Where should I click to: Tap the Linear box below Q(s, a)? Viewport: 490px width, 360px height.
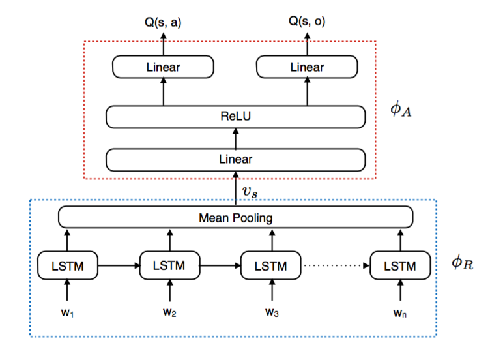click(x=163, y=67)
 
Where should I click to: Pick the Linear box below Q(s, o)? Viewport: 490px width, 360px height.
click(x=307, y=67)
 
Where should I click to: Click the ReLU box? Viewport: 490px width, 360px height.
click(x=235, y=117)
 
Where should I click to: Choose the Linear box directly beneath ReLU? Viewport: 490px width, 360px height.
click(x=235, y=159)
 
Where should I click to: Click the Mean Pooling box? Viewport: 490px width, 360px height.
click(x=235, y=217)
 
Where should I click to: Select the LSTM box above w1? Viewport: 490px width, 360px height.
click(x=68, y=265)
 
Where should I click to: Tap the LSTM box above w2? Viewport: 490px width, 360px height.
click(x=169, y=265)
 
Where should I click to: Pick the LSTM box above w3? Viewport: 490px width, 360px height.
click(x=271, y=265)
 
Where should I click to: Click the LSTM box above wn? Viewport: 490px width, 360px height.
click(x=401, y=265)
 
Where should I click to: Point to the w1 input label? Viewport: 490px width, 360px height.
click(x=68, y=312)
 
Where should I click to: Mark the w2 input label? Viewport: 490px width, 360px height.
click(x=169, y=312)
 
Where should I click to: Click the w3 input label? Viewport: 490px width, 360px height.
click(x=271, y=312)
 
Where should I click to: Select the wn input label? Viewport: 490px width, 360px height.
click(x=401, y=312)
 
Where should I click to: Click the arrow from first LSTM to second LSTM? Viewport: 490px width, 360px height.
click(x=119, y=265)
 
